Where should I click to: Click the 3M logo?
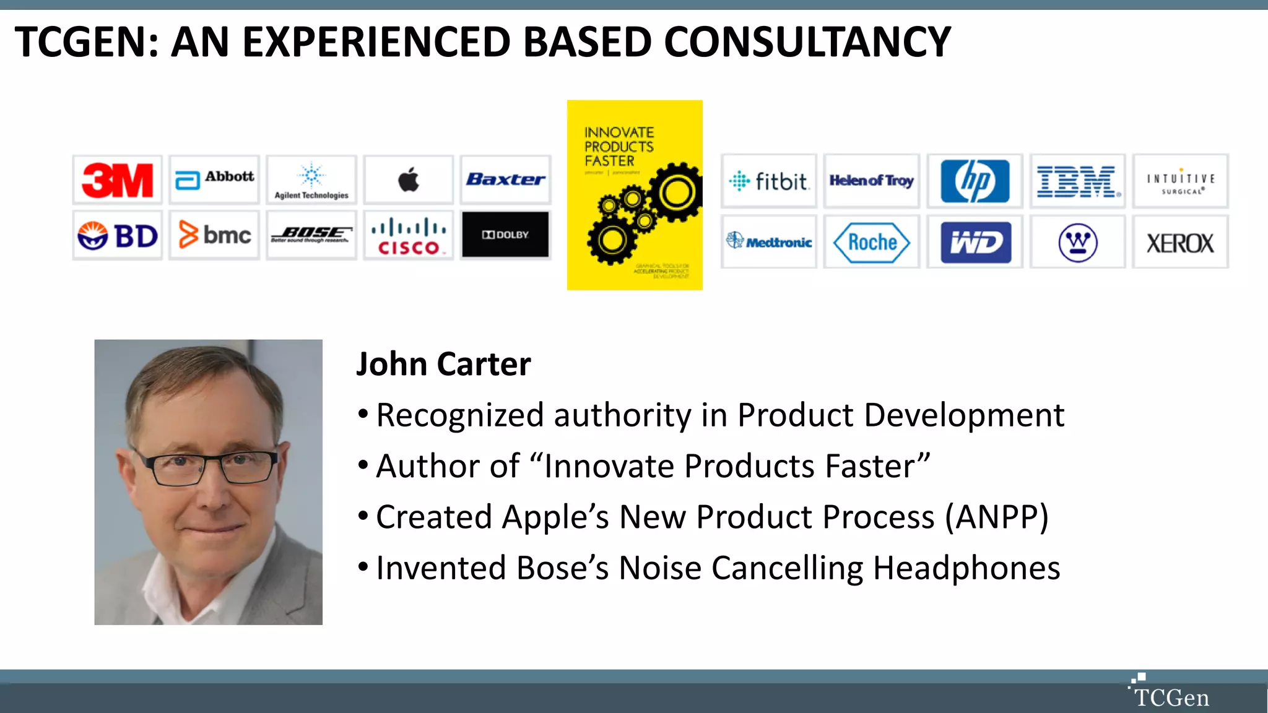pyautogui.click(x=117, y=180)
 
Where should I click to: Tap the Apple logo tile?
pyautogui.click(x=408, y=180)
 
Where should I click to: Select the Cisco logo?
pyautogui.click(x=409, y=236)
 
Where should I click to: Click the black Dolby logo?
pyautogui.click(x=505, y=235)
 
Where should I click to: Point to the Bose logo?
pyautogui.click(x=311, y=235)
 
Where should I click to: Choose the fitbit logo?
pyautogui.click(x=768, y=181)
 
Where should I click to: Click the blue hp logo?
pyautogui.click(x=975, y=181)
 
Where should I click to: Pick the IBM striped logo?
pyautogui.click(x=1077, y=181)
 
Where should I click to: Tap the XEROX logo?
pyautogui.click(x=1180, y=243)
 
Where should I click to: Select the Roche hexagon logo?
pyautogui.click(x=871, y=243)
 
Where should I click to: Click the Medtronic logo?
pyautogui.click(x=769, y=242)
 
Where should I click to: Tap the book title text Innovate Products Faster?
pyautogui.click(x=619, y=147)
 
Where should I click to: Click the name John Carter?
pyautogui.click(x=443, y=364)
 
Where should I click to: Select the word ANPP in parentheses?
pyautogui.click(x=996, y=517)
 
